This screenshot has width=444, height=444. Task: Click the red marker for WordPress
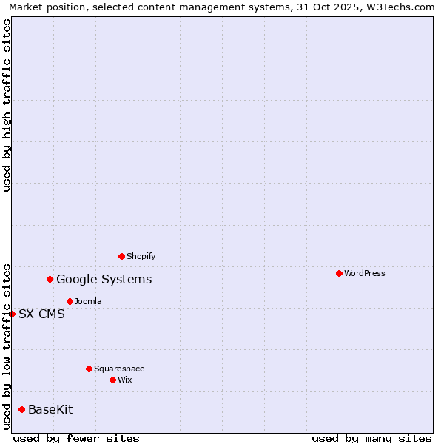click(x=339, y=273)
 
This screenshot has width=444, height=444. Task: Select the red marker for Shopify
click(x=121, y=256)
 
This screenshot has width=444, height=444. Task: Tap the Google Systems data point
click(x=50, y=279)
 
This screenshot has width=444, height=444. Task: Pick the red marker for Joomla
click(x=70, y=301)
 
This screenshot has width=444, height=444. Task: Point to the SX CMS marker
click(x=12, y=314)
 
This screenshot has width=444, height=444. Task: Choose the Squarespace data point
click(x=89, y=369)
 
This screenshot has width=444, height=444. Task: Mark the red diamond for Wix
click(x=112, y=380)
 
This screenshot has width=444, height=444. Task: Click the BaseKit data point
click(x=21, y=409)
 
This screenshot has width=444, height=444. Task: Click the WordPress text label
click(x=365, y=273)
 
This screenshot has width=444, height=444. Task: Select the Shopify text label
click(x=141, y=256)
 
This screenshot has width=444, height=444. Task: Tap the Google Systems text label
click(x=104, y=279)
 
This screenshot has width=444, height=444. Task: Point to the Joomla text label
click(x=88, y=301)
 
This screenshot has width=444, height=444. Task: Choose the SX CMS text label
click(x=41, y=314)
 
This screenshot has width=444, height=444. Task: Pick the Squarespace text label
click(x=119, y=369)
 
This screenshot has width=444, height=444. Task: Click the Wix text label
click(x=125, y=380)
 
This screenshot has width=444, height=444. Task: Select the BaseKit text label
click(x=50, y=409)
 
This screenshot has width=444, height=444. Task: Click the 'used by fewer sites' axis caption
click(x=76, y=438)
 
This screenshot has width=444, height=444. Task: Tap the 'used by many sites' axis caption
click(x=371, y=438)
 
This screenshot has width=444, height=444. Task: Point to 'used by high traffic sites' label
click(x=7, y=105)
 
